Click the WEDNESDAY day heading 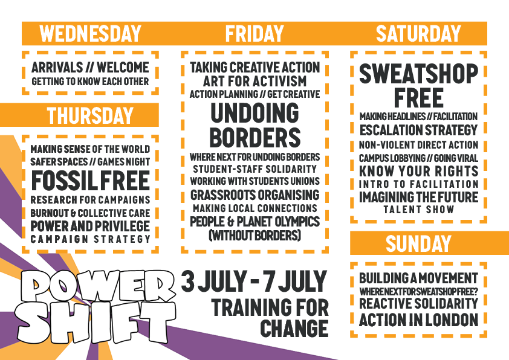[x=90, y=33]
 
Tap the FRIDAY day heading [x=254, y=33]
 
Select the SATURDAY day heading [x=418, y=33]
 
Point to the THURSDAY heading [x=90, y=115]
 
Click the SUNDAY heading [x=418, y=243]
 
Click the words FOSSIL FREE [x=90, y=181]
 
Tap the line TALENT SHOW [x=418, y=210]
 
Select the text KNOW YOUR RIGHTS [x=418, y=171]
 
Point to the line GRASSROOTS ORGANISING [x=255, y=195]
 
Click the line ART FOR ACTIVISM [x=255, y=81]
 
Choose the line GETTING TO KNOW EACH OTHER [x=90, y=82]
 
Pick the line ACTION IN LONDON [x=418, y=320]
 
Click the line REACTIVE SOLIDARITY [x=418, y=304]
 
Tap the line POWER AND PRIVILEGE [x=90, y=226]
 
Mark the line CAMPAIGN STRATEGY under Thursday [x=90, y=239]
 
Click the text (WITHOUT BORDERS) [x=255, y=235]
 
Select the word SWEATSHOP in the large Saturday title [x=418, y=74]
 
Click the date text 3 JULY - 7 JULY [x=254, y=281]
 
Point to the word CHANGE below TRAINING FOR [x=294, y=328]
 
